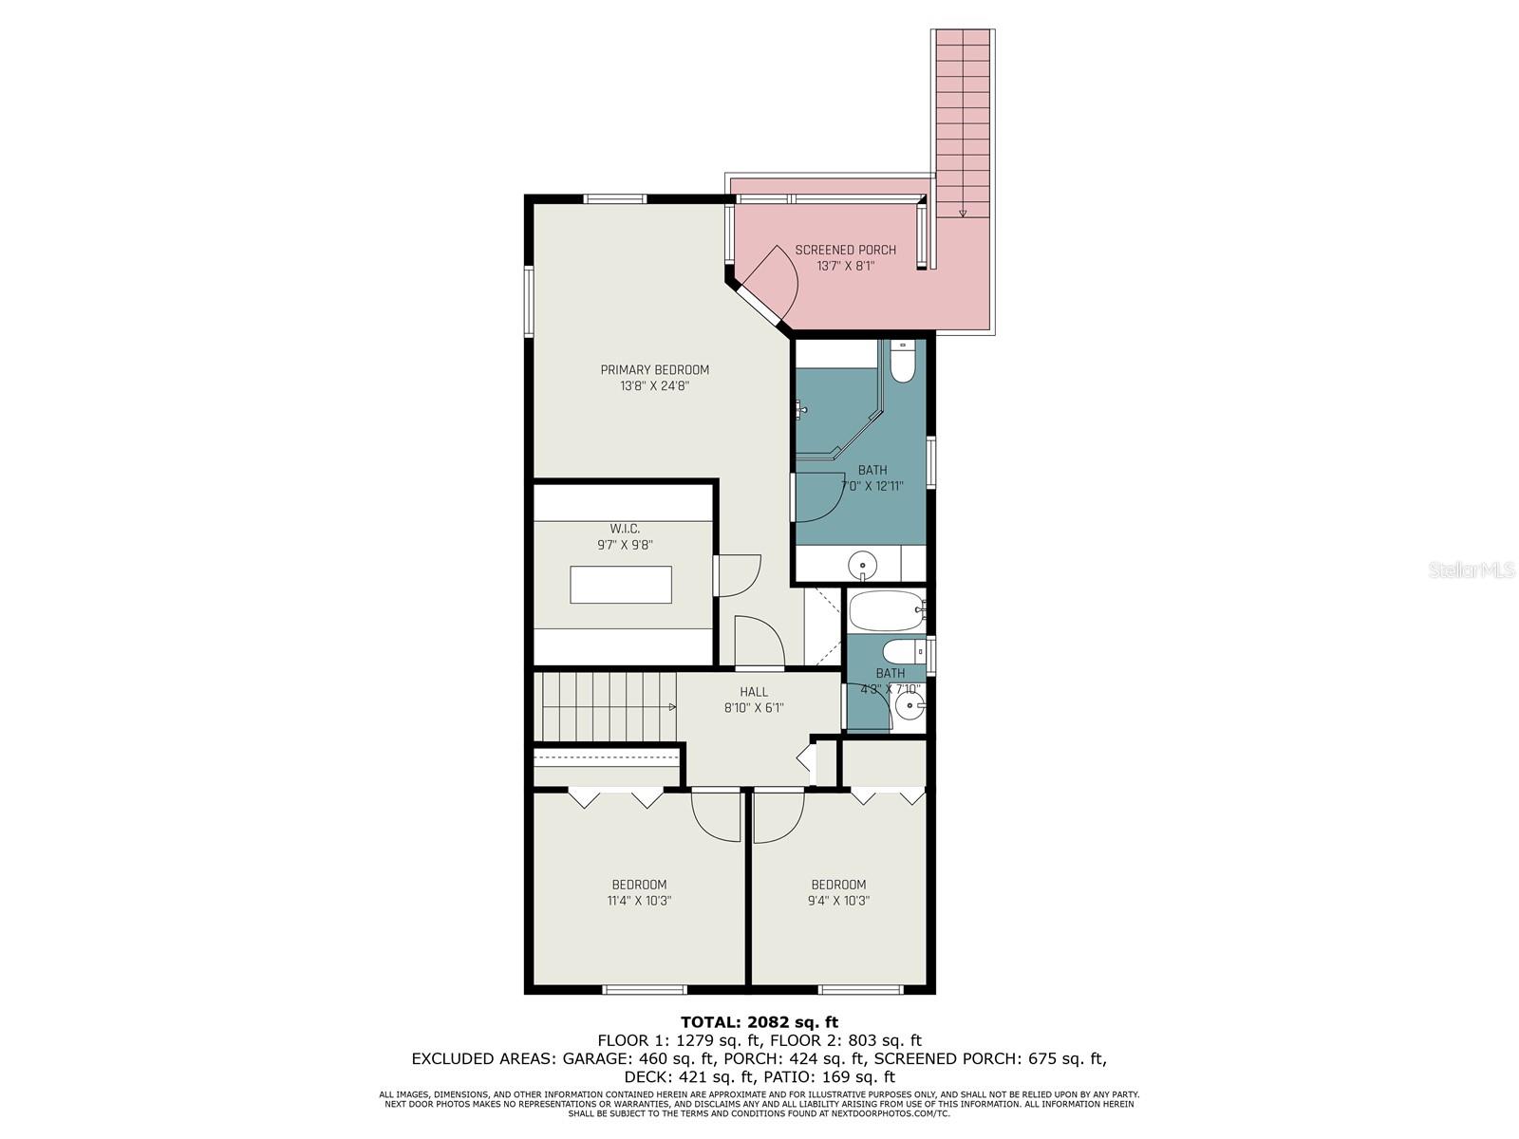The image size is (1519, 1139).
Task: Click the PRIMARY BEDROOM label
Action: coord(654,370)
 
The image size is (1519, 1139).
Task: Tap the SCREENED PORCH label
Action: coord(845,250)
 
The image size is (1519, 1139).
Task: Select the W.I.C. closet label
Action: coord(624,529)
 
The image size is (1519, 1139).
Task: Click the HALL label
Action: coord(754,692)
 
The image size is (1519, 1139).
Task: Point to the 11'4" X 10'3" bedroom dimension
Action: coord(639,901)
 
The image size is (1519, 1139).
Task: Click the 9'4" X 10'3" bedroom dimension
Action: coord(838,901)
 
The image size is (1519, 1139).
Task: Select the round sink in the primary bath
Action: coord(862,565)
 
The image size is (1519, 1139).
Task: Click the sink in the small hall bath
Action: coord(908,706)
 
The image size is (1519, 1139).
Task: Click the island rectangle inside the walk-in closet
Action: coord(620,585)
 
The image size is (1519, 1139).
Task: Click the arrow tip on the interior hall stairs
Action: coord(674,707)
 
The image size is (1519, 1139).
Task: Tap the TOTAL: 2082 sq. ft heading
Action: coord(759,1022)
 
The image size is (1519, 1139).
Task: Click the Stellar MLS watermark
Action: coord(1472,570)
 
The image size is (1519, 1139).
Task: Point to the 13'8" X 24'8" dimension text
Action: coord(655,386)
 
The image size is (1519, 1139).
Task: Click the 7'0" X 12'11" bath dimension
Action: coord(872,486)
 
